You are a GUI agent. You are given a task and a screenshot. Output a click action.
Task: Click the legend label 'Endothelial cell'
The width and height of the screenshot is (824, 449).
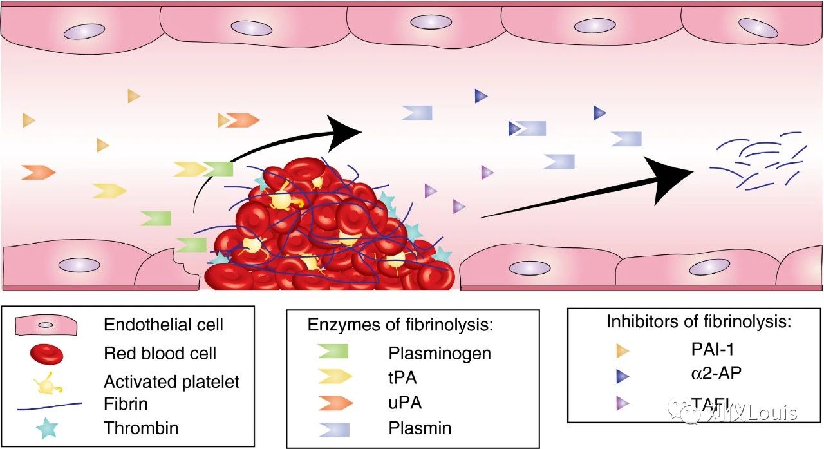[x=164, y=324]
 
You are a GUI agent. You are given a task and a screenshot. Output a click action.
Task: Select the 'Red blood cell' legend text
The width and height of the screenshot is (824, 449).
[x=160, y=353]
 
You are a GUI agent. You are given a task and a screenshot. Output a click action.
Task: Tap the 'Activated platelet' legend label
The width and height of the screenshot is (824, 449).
[x=171, y=381]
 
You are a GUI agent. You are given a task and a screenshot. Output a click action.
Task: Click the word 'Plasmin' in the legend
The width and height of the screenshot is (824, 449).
[x=420, y=428]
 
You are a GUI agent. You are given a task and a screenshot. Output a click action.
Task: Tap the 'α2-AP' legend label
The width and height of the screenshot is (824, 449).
[x=707, y=374]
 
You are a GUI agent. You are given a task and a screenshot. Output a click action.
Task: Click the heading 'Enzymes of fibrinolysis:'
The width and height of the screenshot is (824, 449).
[x=400, y=325]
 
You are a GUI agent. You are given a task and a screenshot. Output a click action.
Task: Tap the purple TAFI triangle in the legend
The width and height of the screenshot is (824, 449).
[x=622, y=403]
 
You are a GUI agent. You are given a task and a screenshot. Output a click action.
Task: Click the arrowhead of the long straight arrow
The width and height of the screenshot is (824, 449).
[x=673, y=171]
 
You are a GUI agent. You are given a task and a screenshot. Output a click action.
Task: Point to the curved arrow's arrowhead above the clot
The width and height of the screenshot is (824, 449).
[x=344, y=129]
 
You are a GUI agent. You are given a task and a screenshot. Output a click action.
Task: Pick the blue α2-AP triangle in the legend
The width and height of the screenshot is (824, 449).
[x=622, y=376]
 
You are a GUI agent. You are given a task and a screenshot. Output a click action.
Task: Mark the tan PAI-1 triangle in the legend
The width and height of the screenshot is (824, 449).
[x=622, y=351]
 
